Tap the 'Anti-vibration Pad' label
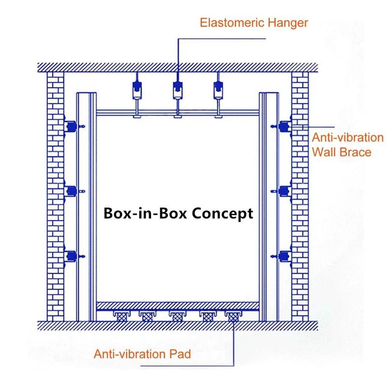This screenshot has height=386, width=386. point(142,354)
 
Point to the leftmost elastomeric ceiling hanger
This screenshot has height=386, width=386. point(137,89)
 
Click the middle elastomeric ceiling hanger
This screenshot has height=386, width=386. point(178,89)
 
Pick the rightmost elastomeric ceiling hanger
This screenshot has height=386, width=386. point(218,89)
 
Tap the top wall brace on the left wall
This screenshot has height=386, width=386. point(71,127)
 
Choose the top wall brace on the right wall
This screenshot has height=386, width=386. point(285,127)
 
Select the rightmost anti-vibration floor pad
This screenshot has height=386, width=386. point(234,317)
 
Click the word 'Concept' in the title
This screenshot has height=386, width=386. point(222,213)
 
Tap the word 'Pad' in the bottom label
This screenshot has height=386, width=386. point(181,354)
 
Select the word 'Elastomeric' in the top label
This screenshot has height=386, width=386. point(229,22)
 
